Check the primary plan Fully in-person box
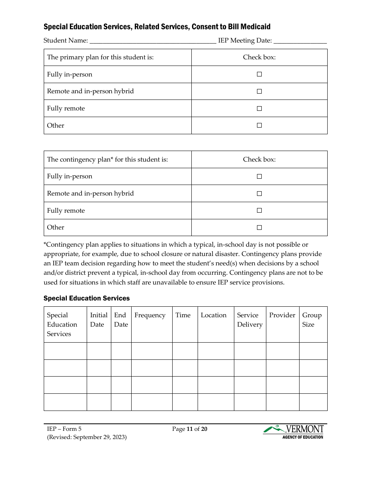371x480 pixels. [x=259, y=74]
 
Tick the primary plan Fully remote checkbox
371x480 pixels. [x=259, y=108]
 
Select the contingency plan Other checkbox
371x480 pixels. [x=259, y=228]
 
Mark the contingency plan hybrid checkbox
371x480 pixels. [x=259, y=194]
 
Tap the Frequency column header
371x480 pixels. [x=150, y=315]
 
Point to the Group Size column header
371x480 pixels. [x=312, y=320]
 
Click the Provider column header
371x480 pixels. [x=282, y=315]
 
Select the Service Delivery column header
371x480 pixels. [x=250, y=320]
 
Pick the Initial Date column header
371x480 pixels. [x=98, y=320]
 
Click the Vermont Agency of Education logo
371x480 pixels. [x=293, y=432]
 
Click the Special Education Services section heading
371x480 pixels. [x=86, y=298]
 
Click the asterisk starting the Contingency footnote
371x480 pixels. [x=45, y=244]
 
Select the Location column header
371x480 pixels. [x=213, y=315]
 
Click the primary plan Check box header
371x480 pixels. [x=259, y=57]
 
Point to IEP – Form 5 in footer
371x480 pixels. [x=64, y=429]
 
